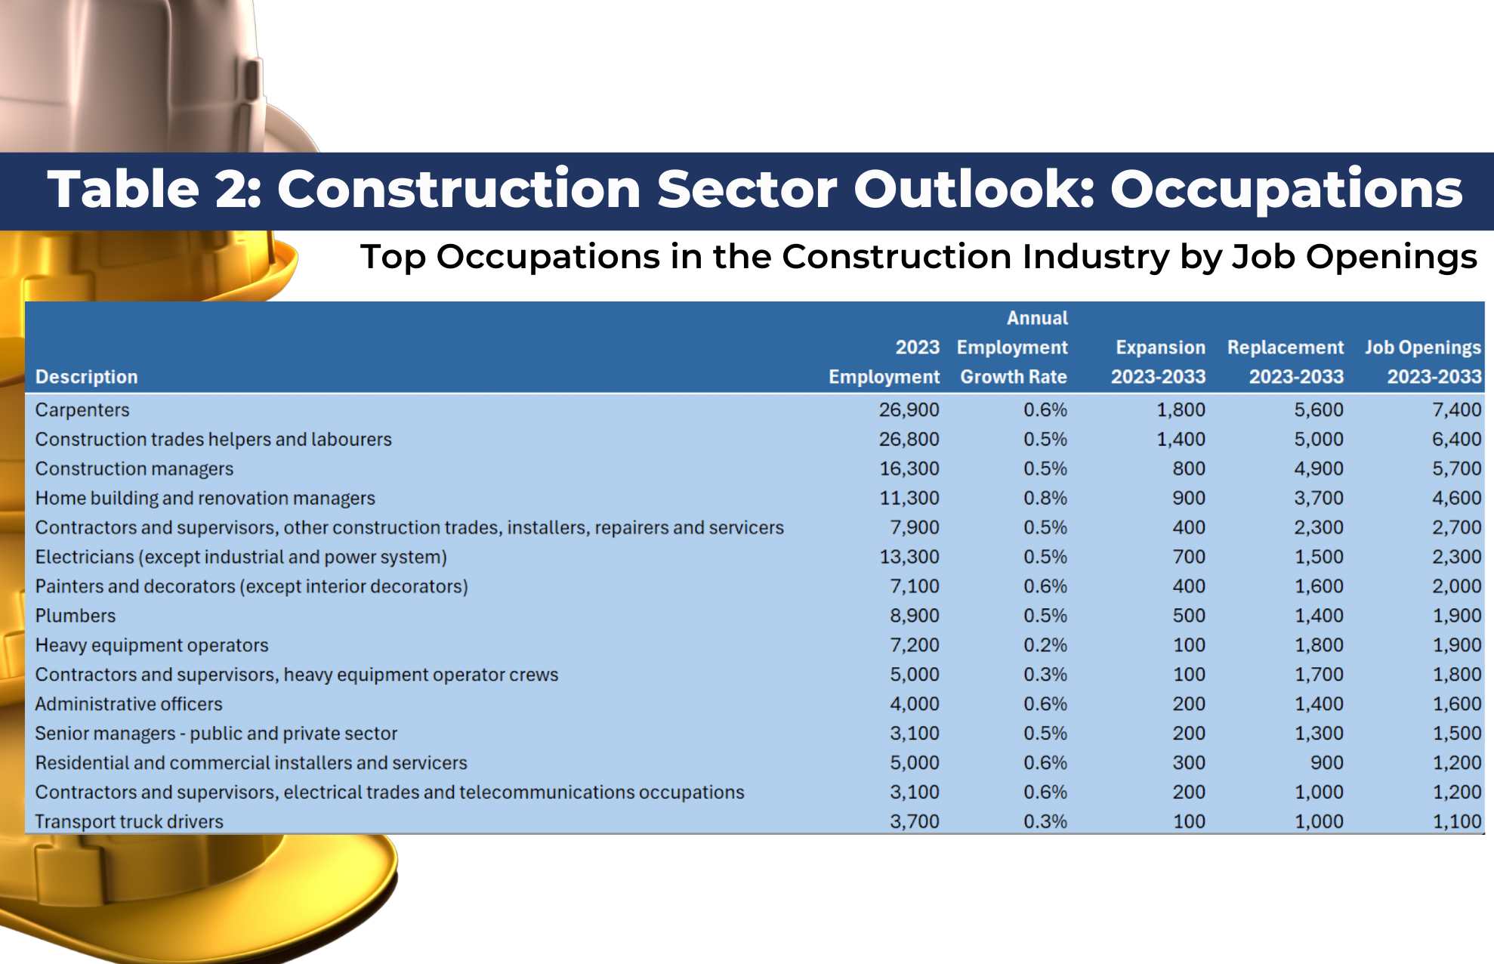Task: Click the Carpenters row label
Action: pyautogui.click(x=82, y=409)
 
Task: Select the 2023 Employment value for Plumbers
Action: pyautogui.click(x=914, y=616)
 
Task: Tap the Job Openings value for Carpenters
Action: pyautogui.click(x=1456, y=409)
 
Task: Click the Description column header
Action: pyautogui.click(x=86, y=376)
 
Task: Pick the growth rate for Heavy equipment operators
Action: pyautogui.click(x=1045, y=645)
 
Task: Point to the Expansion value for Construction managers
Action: pyautogui.click(x=1189, y=468)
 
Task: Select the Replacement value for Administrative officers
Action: pyautogui.click(x=1319, y=704)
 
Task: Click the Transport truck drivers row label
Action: pyautogui.click(x=129, y=821)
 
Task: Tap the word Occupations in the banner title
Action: pyautogui.click(x=1286, y=189)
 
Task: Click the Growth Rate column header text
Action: pyautogui.click(x=1014, y=376)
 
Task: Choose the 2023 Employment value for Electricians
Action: pyautogui.click(x=909, y=557)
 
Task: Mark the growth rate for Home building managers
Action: pyautogui.click(x=1045, y=498)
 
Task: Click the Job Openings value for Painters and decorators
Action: pyautogui.click(x=1456, y=586)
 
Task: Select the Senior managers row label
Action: pyautogui.click(x=216, y=734)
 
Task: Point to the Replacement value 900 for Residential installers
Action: pyautogui.click(x=1327, y=763)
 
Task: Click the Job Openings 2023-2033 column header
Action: pyautogui.click(x=1423, y=362)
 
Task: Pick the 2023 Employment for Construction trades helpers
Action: pyautogui.click(x=909, y=439)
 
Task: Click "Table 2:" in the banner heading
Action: pyautogui.click(x=155, y=189)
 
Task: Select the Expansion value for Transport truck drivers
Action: pyautogui.click(x=1189, y=821)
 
